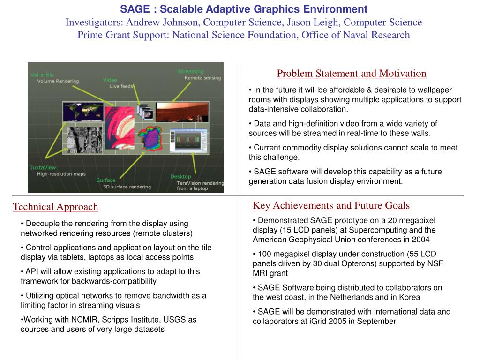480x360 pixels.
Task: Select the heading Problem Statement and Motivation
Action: [x=352, y=74]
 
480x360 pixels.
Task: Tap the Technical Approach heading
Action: [x=55, y=207]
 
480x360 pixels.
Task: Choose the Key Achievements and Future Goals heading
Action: [x=331, y=205]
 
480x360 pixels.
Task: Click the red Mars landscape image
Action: [x=183, y=112]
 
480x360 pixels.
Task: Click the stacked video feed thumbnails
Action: [x=145, y=113]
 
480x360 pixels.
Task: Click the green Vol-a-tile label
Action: [x=42, y=75]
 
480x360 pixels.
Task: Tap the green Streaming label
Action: [x=190, y=71]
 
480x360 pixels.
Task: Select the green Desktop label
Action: [x=180, y=177]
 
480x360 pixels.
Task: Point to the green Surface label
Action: [x=106, y=180]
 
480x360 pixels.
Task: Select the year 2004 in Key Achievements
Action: [x=420, y=240]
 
